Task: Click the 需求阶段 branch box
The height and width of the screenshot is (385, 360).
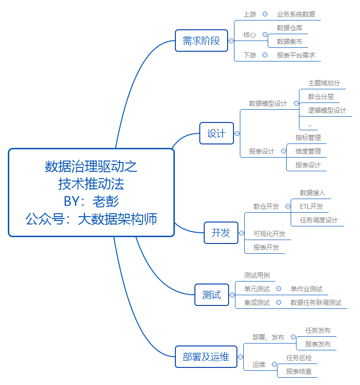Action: point(201,41)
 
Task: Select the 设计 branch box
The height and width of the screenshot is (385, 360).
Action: point(216,134)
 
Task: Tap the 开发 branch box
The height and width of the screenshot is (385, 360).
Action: point(220,233)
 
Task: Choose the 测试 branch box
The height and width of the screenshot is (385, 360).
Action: point(212,295)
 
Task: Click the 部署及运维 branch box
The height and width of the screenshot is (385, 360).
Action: point(206,357)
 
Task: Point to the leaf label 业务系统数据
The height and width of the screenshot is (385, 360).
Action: point(296,14)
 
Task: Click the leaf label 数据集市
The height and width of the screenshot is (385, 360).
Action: point(289,41)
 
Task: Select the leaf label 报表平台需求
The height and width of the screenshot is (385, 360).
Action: point(296,55)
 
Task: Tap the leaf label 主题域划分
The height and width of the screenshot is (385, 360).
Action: point(324,83)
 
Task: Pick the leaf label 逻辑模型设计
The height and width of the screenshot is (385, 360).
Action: point(327,110)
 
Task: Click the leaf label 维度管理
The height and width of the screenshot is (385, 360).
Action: point(308,151)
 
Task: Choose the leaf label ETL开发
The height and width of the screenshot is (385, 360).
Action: point(311,206)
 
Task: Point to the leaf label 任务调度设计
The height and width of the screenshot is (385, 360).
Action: point(318,220)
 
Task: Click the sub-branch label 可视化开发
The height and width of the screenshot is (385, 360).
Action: point(269,234)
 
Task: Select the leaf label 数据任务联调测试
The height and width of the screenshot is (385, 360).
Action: point(316,303)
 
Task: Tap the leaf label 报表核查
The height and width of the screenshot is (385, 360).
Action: point(299,371)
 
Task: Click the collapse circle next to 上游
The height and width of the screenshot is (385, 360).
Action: point(265,14)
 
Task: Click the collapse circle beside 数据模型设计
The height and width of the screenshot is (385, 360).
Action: point(296,103)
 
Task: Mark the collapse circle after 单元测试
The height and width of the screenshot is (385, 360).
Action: point(278,289)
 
